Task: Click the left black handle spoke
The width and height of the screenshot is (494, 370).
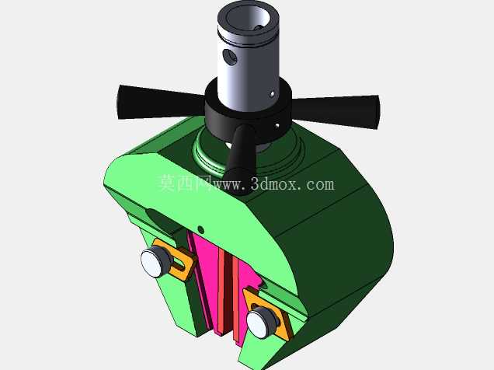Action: (x=161, y=102)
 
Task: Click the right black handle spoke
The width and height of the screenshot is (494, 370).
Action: (x=336, y=112)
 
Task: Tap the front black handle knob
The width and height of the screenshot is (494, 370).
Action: (x=240, y=159)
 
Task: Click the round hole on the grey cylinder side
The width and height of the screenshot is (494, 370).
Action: (x=230, y=58)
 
